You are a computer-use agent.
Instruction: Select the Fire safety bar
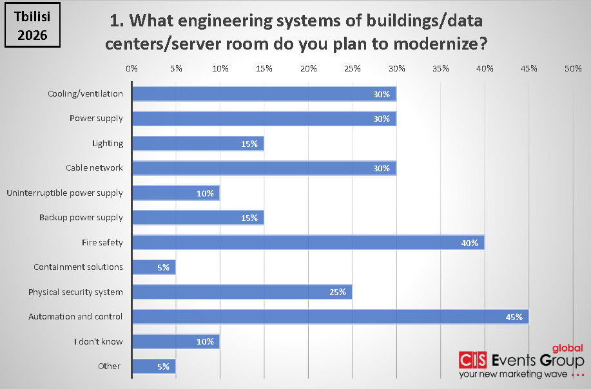click(x=308, y=243)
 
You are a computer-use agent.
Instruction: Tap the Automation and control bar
click(x=330, y=317)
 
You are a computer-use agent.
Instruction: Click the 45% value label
click(x=514, y=317)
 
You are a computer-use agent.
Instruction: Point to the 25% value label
click(x=337, y=292)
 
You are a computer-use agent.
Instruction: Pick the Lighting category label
click(x=107, y=144)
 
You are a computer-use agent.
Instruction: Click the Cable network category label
click(x=94, y=168)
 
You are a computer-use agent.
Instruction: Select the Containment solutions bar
click(x=153, y=267)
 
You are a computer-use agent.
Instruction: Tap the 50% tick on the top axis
click(x=573, y=68)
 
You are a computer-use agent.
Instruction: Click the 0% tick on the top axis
click(x=131, y=68)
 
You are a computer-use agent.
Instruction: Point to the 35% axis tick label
click(x=441, y=68)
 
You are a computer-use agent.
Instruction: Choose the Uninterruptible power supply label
click(x=64, y=193)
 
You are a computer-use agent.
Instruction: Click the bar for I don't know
click(x=175, y=341)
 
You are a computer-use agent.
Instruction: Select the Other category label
click(x=109, y=366)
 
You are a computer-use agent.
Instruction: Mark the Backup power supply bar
click(x=197, y=218)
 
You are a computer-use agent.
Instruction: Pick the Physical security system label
click(x=75, y=292)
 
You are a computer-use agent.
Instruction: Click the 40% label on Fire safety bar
click(x=469, y=243)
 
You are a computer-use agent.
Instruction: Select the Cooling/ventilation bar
click(x=264, y=94)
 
